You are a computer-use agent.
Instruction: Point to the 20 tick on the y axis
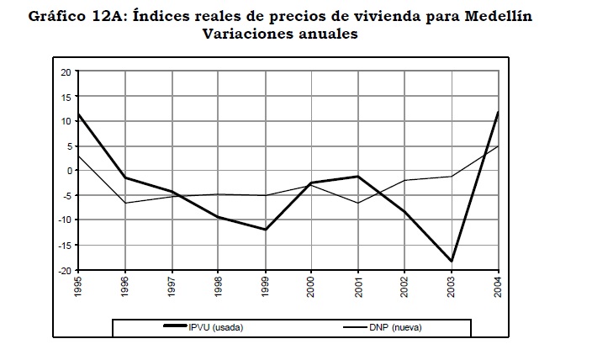point(66,71)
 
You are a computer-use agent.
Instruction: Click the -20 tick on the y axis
point(64,270)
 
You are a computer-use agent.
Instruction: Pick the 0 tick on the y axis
point(68,171)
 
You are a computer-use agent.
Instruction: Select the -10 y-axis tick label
point(64,220)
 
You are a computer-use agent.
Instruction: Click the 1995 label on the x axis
point(78,289)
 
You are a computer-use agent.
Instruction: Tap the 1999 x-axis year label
point(266,289)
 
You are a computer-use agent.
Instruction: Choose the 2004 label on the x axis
point(498,289)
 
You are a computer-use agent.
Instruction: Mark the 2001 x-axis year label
point(358,289)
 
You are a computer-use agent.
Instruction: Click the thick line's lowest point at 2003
point(452,261)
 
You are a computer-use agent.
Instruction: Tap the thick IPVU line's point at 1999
point(266,230)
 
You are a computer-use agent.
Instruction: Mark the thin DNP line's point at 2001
point(358,203)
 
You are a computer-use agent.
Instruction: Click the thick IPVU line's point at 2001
point(358,177)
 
